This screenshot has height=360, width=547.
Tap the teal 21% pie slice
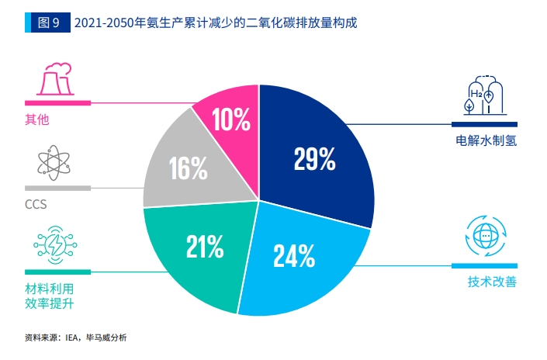(194, 256)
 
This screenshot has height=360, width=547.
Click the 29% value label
(314, 159)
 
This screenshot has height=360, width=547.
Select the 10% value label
(230, 119)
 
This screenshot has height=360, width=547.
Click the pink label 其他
(37, 119)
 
